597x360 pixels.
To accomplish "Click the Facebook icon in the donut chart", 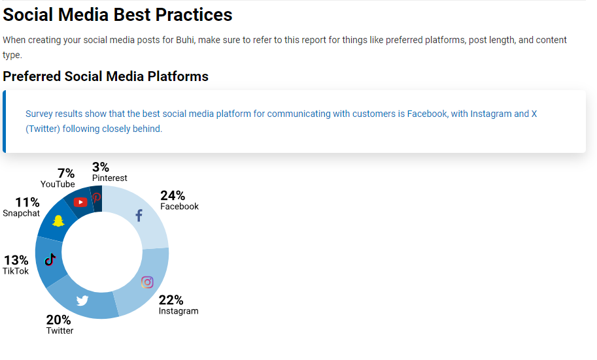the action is pos(139,216).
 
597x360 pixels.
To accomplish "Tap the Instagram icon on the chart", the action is pos(147,282).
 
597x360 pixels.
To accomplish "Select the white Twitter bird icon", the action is pos(82,301).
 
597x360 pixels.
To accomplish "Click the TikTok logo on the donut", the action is pos(50,259).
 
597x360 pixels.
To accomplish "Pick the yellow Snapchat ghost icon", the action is pos(58,221).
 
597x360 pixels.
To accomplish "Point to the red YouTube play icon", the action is pos(80,202).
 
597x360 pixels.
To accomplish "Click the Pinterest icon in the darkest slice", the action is pos(96,197).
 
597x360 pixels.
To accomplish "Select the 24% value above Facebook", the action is pos(173,195).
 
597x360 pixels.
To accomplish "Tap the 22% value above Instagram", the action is pos(171,300).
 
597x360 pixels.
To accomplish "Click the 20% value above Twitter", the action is pos(59,319).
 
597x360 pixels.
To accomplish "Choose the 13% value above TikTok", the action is pos(16,260).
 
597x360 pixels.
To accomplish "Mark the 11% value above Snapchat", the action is pos(27,202).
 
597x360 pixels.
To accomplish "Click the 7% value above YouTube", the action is pos(66,173).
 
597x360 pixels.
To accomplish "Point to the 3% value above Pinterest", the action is pos(101,167).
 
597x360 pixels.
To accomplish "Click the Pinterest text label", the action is pos(110,178).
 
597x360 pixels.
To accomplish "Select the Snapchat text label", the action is pos(22,213).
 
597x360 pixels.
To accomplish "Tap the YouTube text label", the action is pos(58,184).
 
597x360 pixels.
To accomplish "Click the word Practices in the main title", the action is pos(194,15).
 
